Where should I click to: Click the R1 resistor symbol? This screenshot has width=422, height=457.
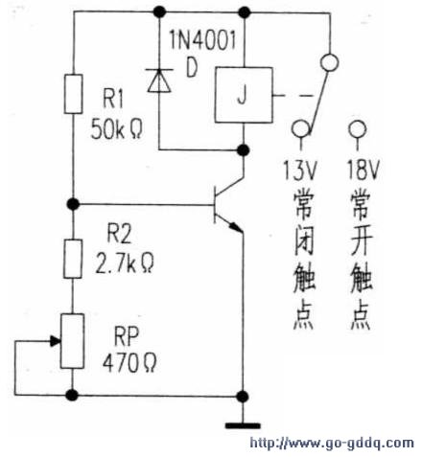click(73, 94)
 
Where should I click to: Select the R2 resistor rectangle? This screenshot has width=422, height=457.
click(73, 259)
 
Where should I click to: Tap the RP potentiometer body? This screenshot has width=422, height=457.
click(73, 341)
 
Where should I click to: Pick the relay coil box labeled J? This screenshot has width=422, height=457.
click(244, 95)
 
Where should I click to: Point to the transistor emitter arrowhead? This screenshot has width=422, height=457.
click(236, 227)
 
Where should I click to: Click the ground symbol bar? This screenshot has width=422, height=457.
click(243, 425)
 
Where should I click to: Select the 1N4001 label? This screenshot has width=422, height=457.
click(202, 40)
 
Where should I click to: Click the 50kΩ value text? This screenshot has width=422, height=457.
click(116, 128)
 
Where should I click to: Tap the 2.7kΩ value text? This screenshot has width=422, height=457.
click(125, 263)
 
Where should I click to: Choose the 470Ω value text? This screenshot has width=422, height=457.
click(129, 363)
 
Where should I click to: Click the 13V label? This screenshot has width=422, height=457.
click(300, 170)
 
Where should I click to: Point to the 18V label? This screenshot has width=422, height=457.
click(363, 170)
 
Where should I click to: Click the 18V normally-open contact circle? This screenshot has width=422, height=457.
click(358, 129)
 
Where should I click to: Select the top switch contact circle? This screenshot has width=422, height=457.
click(329, 62)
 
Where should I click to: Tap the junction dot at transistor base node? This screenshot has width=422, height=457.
click(73, 203)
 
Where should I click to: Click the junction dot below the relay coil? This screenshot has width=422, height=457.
click(244, 149)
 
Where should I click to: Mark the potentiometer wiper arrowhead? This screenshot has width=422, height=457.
click(56, 341)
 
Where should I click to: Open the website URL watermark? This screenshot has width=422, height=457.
click(332, 443)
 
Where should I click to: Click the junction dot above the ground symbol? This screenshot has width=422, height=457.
click(243, 397)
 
